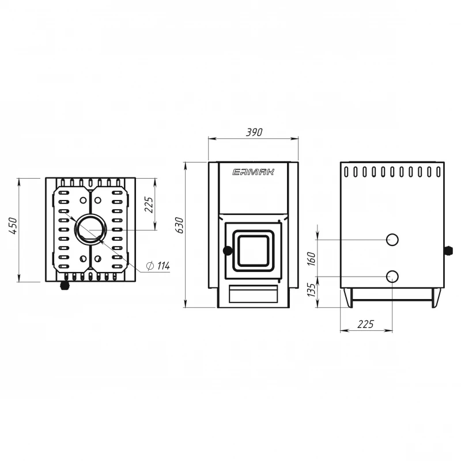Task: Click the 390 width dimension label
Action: [x=254, y=133]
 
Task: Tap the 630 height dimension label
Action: [x=179, y=225]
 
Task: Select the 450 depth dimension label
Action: [x=13, y=226]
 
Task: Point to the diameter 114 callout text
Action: [x=158, y=266]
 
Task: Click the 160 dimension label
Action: [x=311, y=259]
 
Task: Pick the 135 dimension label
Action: [x=311, y=290]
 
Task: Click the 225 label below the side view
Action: [x=365, y=324]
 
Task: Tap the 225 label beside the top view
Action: [x=149, y=205]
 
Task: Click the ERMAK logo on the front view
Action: [x=254, y=172]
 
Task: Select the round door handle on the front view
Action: [x=228, y=251]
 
